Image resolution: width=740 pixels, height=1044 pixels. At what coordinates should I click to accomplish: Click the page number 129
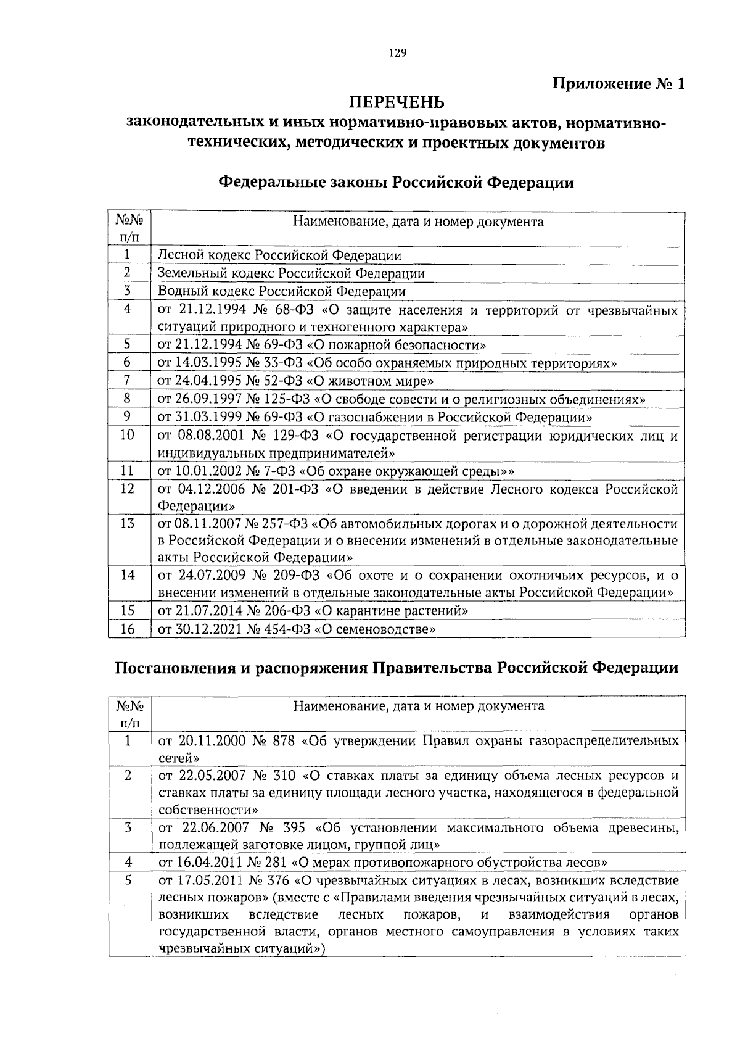tap(397, 54)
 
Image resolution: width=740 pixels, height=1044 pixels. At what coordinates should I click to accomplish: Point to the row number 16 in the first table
tap(128, 629)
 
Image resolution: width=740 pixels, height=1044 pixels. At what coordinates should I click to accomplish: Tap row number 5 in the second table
tap(128, 880)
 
